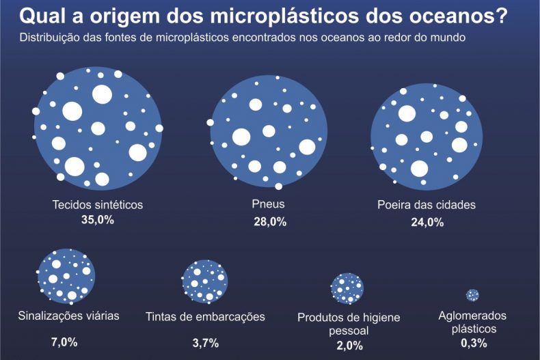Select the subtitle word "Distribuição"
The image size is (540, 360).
[52, 38]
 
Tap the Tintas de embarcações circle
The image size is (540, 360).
[204, 281]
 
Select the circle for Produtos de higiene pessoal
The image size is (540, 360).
[347, 288]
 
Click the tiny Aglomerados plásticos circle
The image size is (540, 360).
[472, 295]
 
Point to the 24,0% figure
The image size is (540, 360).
[427, 221]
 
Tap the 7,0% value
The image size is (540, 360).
[64, 341]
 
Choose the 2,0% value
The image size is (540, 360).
[349, 346]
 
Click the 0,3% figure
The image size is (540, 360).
[474, 343]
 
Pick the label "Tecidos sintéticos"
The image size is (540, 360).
[98, 204]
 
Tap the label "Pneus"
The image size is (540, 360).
[269, 204]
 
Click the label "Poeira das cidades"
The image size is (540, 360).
[426, 204]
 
